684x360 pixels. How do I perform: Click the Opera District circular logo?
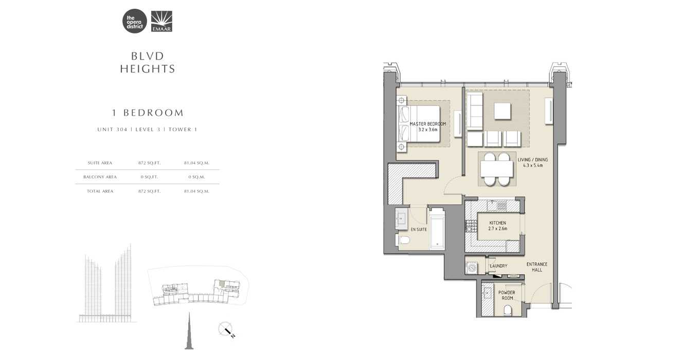click(134, 22)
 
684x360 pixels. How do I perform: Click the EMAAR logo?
click(162, 22)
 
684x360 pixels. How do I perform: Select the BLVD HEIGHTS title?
click(148, 62)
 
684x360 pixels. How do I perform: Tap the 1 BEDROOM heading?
click(148, 113)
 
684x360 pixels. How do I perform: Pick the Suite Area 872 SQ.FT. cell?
click(149, 163)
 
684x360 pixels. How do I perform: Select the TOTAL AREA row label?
click(100, 191)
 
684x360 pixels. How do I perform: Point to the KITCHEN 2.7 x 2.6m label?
click(497, 226)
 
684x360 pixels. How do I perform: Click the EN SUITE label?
click(419, 229)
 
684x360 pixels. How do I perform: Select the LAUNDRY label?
click(498, 266)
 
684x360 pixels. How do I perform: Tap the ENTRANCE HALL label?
click(537, 267)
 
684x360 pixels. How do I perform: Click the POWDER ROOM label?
click(507, 295)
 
